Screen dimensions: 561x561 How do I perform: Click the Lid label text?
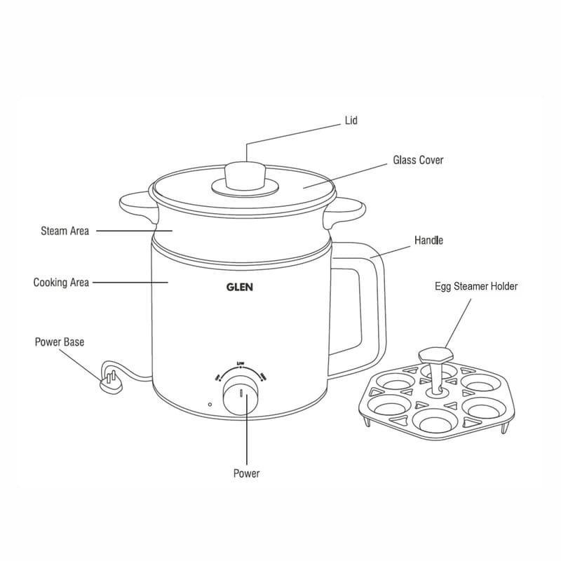351,121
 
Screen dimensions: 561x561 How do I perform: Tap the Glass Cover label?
417,161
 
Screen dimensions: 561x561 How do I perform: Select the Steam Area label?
65,231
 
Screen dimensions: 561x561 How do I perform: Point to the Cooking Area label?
61,283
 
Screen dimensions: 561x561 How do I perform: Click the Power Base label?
60,342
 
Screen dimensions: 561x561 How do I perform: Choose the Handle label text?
428,241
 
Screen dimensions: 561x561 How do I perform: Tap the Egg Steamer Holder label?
476,286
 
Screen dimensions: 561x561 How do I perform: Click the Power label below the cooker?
246,473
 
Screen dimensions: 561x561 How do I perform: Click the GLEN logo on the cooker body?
239,286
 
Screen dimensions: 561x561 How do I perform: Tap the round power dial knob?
241,398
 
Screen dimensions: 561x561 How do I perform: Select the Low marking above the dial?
241,363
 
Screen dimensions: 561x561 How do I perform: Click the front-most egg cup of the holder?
433,420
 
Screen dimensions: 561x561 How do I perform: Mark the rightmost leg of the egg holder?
506,424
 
